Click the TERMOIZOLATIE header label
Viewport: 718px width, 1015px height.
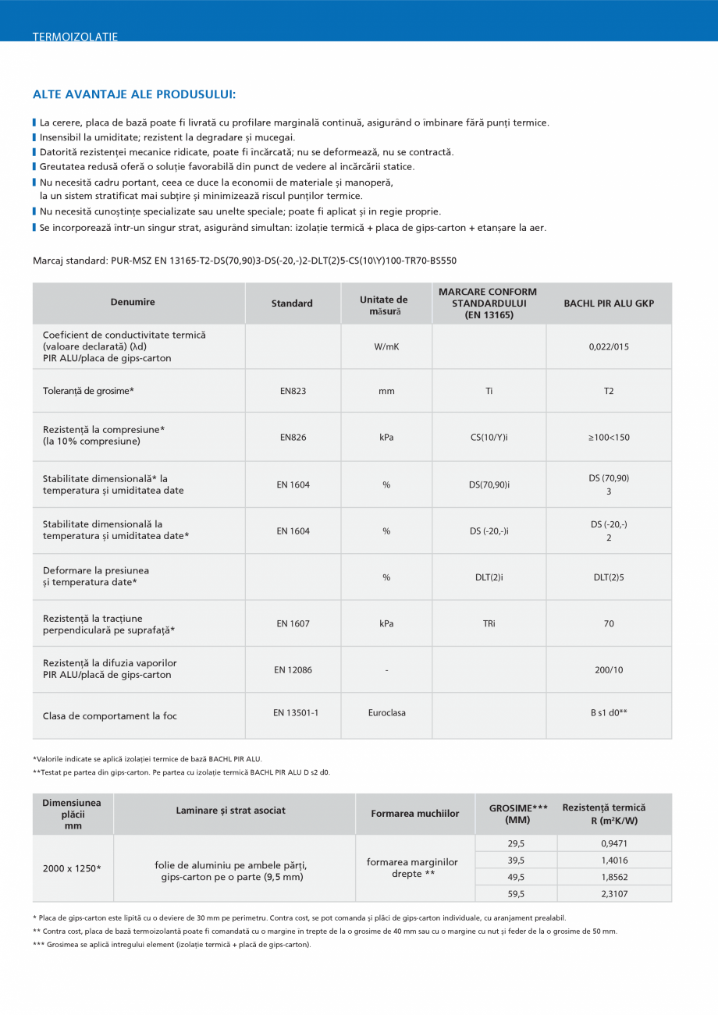pos(75,37)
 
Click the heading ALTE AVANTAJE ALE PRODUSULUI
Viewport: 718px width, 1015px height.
pos(134,94)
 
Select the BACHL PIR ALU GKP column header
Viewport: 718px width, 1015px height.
pos(609,303)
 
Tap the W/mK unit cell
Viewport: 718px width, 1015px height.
pos(386,346)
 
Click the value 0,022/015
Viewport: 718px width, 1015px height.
pos(609,346)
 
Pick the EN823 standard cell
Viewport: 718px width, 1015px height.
pos(293,391)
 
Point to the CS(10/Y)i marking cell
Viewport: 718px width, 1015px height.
pos(489,437)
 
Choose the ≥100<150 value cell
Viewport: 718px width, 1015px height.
pos(609,437)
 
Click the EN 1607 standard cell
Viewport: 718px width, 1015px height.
pos(293,623)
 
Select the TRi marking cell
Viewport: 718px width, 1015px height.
pos(489,623)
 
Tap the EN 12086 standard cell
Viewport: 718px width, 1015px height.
pos(293,669)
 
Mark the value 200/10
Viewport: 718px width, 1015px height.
pos(609,669)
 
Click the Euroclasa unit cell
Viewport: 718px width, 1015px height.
pos(386,712)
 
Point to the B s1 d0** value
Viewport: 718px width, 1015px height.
pos(609,712)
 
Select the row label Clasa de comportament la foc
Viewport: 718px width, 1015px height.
pos(105,715)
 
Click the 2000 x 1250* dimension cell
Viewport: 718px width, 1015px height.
pos(72,868)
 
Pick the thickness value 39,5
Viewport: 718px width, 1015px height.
pos(516,860)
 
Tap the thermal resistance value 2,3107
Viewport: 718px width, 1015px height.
pos(614,894)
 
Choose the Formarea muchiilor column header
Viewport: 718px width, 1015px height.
pos(415,814)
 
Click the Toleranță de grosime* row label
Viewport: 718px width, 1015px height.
pos(88,391)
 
